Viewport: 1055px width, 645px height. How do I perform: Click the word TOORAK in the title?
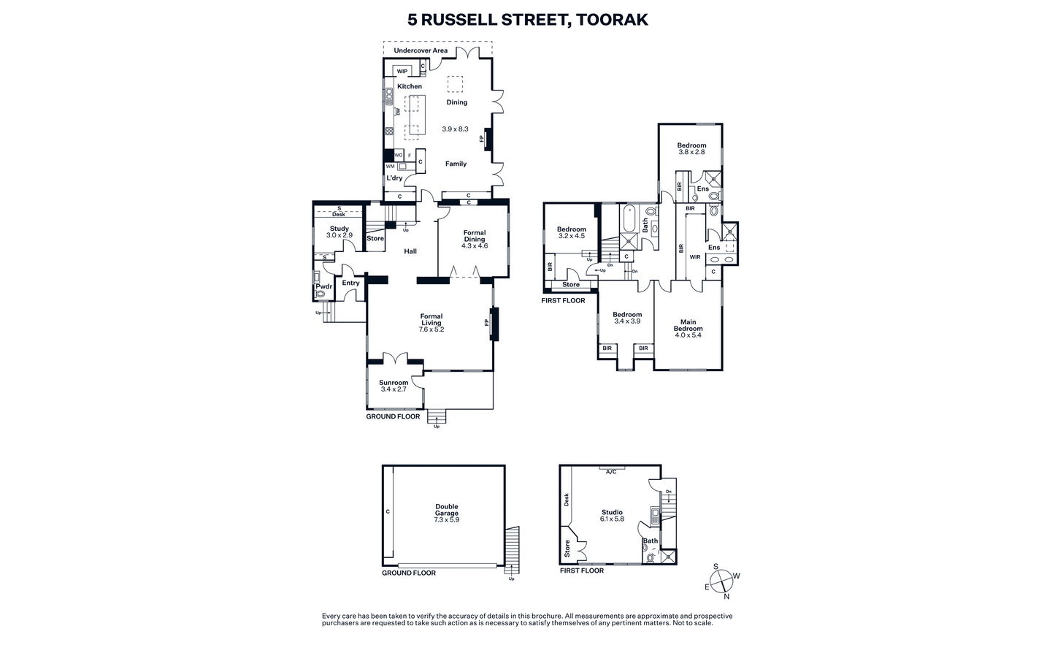click(612, 20)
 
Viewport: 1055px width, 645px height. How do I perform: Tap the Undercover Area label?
click(421, 50)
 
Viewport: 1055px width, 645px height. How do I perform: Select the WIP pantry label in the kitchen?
click(402, 72)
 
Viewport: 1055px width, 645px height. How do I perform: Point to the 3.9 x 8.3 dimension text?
click(455, 129)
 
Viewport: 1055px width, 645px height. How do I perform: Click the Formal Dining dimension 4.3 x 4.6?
click(475, 246)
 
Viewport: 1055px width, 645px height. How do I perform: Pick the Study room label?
click(339, 229)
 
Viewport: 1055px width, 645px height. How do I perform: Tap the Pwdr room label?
click(324, 286)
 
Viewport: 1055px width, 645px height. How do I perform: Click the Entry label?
click(350, 283)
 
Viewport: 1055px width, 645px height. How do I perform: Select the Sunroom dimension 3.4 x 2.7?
click(394, 389)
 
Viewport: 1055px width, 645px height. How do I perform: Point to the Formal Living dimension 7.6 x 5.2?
click(431, 329)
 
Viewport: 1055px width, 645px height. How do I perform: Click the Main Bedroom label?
click(688, 325)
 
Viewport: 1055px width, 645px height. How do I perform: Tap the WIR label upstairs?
click(695, 257)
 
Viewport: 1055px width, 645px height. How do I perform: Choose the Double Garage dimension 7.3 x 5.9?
click(447, 519)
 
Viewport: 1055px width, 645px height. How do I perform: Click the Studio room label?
click(612, 512)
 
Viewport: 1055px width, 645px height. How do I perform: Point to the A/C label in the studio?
click(611, 472)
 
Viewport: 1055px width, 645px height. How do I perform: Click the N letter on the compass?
click(726, 597)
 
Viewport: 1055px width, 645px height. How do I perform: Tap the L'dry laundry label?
click(394, 178)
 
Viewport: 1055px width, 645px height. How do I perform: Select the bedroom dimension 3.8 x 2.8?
click(691, 152)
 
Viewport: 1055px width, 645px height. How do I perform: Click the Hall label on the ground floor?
click(410, 251)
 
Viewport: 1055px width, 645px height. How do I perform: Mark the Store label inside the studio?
click(567, 549)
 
